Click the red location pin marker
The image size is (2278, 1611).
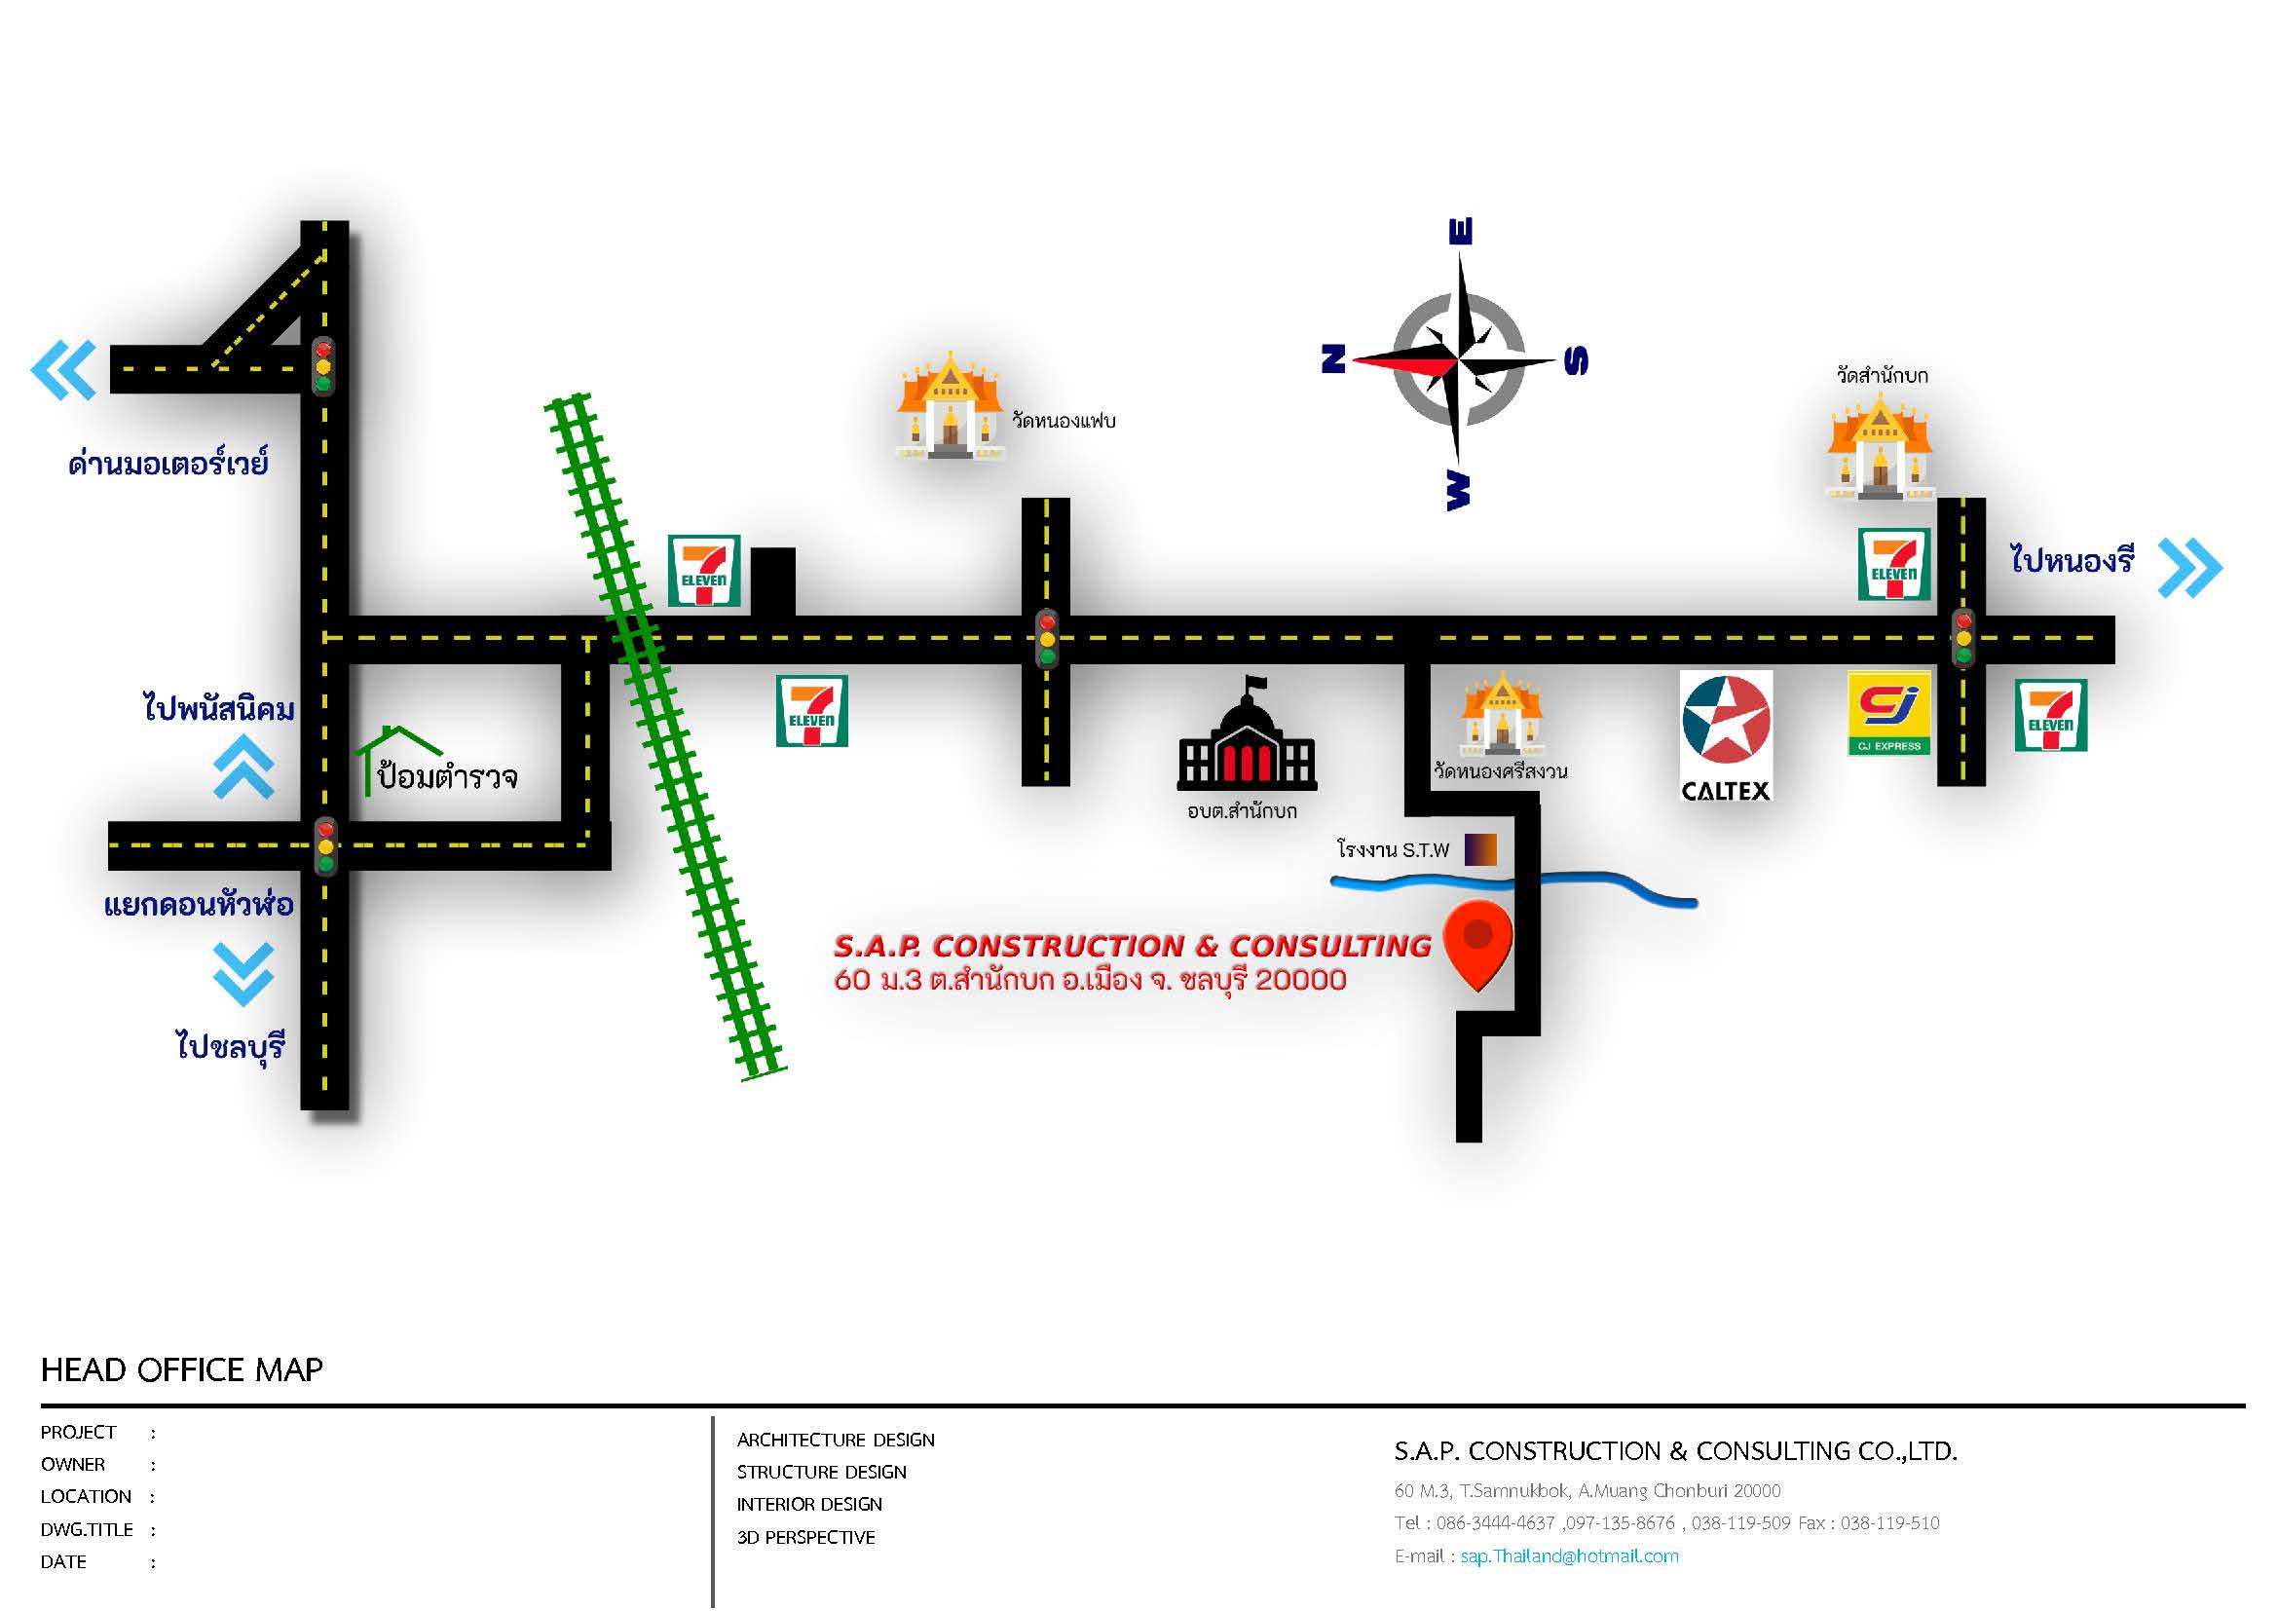point(1477,942)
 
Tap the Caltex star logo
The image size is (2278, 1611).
point(1726,721)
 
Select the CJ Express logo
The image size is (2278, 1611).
point(1889,713)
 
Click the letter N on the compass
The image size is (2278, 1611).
point(1332,358)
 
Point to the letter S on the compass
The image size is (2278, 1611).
point(1576,360)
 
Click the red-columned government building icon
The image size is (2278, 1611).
point(1248,739)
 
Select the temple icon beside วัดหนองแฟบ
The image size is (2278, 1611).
point(950,409)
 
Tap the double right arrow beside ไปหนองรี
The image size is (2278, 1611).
point(2189,568)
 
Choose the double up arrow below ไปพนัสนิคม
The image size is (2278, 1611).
point(244,768)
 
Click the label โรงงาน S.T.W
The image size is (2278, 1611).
point(1393,850)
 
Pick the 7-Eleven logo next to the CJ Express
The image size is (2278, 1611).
point(2051,715)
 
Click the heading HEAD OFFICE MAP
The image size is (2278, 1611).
point(181,1370)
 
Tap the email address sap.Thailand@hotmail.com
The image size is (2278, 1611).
point(1569,1556)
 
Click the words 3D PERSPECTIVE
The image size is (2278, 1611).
point(805,1538)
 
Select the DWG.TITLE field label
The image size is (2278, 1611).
point(87,1529)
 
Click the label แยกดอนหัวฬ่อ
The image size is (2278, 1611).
point(199,906)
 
